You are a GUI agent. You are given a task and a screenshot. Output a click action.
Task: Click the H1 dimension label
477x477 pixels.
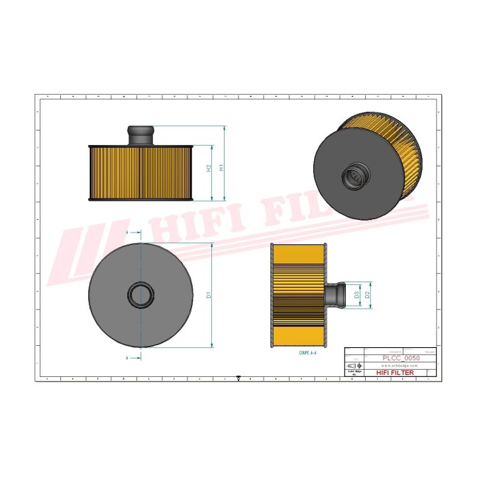(x=222, y=168)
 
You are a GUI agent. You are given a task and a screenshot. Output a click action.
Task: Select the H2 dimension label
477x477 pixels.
(x=209, y=168)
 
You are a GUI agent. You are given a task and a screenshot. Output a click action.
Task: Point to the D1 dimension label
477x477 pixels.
(x=208, y=295)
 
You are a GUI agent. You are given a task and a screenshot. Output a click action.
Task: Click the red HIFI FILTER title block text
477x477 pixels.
(x=395, y=373)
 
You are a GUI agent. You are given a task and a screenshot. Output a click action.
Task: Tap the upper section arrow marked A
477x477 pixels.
(x=132, y=233)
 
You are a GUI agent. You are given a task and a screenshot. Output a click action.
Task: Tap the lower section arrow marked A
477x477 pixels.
(x=132, y=358)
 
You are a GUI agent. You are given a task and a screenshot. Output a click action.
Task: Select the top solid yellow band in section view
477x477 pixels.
(x=298, y=254)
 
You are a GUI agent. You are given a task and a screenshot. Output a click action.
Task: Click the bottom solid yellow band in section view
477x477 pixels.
(x=298, y=335)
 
